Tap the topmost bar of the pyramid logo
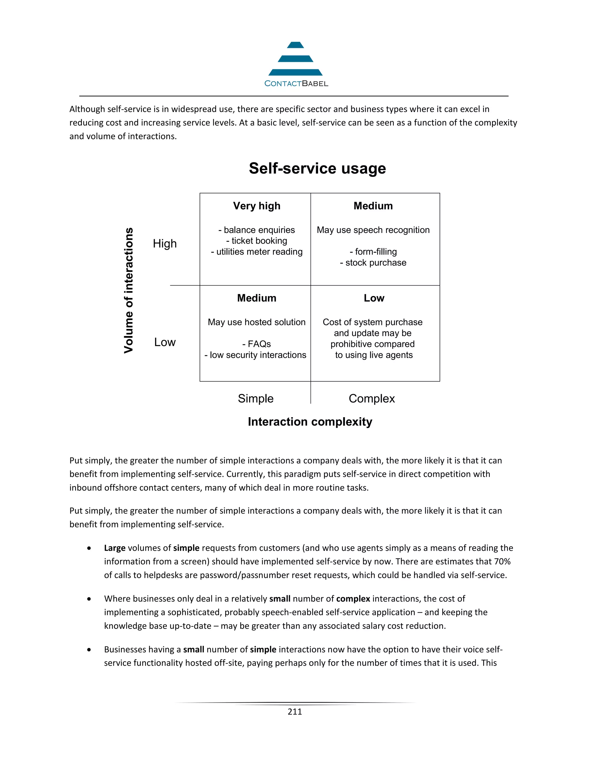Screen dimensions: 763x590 [295, 45]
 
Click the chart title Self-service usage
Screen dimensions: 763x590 [317, 168]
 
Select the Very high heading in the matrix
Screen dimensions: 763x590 [257, 206]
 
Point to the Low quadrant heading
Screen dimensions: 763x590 [374, 298]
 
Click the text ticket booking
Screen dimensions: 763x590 [257, 241]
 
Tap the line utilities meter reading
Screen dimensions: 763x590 [257, 252]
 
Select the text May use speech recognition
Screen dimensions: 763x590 [373, 230]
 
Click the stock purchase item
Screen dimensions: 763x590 [373, 263]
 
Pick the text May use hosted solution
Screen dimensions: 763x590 [257, 322]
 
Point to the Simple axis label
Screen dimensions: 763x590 [256, 398]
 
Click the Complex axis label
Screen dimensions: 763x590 [372, 398]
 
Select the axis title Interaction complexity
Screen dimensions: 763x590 [310, 422]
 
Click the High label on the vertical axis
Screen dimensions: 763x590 [164, 244]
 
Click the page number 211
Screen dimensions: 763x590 [295, 712]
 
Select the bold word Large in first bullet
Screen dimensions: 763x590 [115, 548]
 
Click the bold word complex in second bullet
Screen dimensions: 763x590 [353, 599]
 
